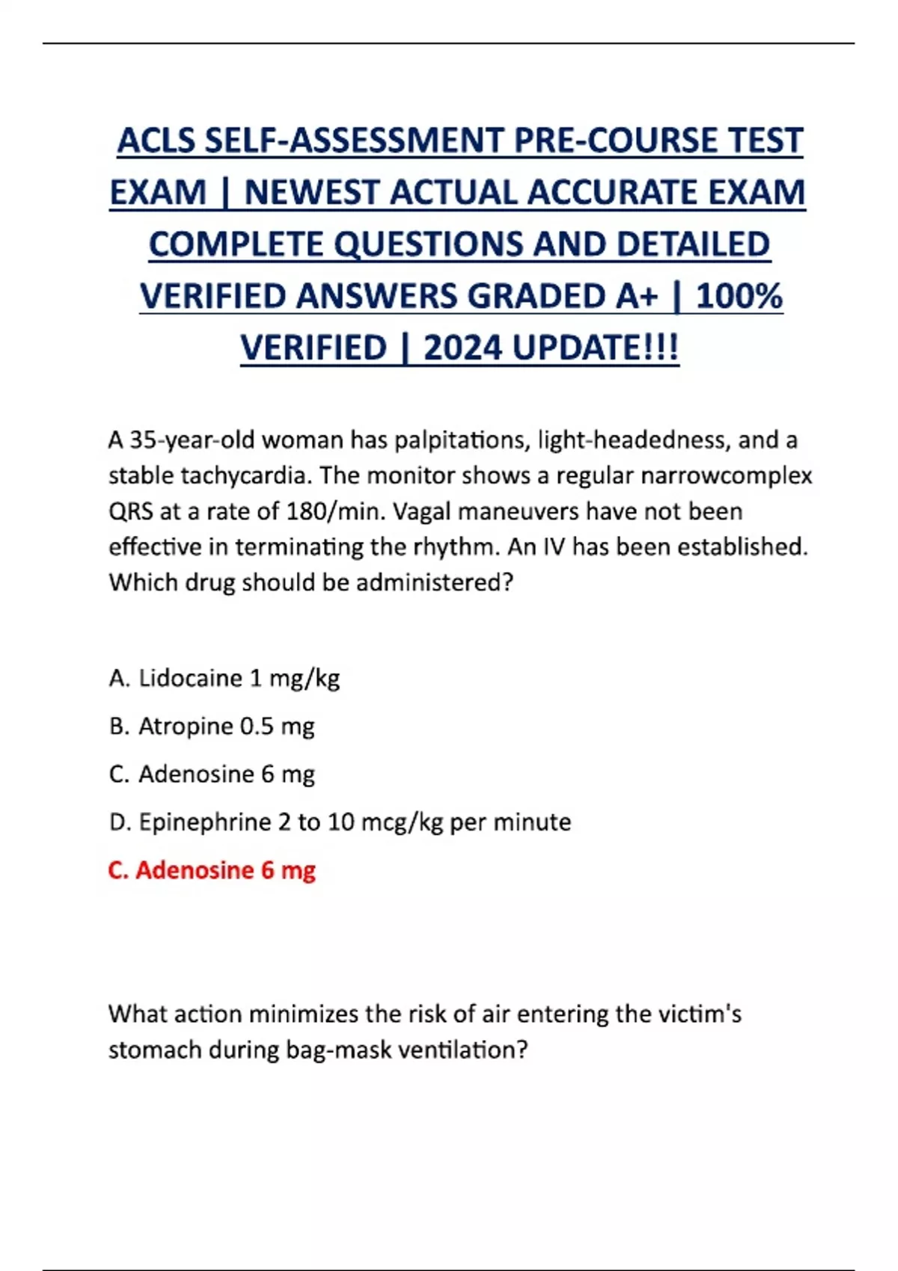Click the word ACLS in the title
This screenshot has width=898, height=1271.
coord(156,141)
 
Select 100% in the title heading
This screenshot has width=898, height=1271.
coord(739,296)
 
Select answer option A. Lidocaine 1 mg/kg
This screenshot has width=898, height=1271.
coord(224,678)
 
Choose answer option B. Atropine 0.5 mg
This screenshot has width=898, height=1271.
coord(212,726)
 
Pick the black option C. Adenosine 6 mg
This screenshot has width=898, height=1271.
coord(212,774)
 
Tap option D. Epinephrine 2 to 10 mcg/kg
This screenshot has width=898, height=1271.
coord(340,822)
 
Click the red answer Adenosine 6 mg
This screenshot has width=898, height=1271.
coord(212,870)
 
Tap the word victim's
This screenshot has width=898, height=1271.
coord(699,1014)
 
